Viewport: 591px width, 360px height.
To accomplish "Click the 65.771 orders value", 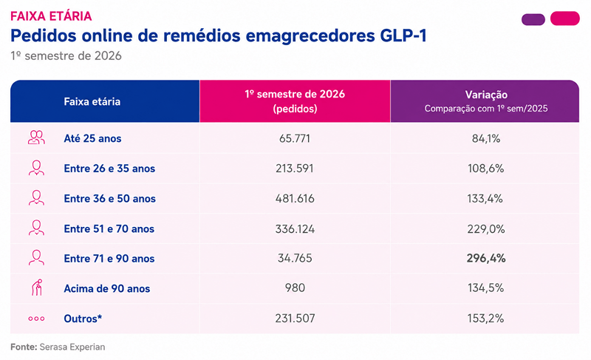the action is [x=295, y=139].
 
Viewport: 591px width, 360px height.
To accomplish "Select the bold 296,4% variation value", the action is [x=486, y=258].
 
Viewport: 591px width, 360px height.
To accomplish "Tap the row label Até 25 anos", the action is [x=92, y=139].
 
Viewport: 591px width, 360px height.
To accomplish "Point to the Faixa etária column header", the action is [x=92, y=101].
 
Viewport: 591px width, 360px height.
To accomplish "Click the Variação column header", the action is [x=486, y=94].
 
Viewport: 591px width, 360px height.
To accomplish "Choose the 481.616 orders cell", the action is [x=295, y=199].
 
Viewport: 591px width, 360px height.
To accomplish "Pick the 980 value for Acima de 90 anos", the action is [x=295, y=288].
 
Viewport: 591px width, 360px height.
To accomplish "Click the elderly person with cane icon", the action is [x=36, y=288].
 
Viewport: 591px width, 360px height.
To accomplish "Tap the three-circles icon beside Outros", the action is [x=36, y=319].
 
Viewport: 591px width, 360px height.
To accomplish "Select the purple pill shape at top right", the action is [x=533, y=19].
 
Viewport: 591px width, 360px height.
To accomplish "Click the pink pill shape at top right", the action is [x=565, y=18].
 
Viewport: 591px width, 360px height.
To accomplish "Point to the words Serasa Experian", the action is [x=72, y=347].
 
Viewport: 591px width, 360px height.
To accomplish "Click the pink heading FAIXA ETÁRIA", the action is [x=51, y=16].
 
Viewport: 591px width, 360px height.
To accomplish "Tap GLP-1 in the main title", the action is [x=403, y=35].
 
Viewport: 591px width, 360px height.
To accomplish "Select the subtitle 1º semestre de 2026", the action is [x=66, y=55].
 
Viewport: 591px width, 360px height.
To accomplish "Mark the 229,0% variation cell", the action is [x=486, y=229].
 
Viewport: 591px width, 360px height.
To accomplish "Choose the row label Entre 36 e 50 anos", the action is [x=109, y=199].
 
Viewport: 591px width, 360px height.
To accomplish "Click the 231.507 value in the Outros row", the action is [x=295, y=319].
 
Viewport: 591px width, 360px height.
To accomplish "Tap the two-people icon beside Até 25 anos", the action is [x=36, y=137].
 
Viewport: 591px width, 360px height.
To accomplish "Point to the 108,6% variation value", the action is [x=486, y=169].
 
